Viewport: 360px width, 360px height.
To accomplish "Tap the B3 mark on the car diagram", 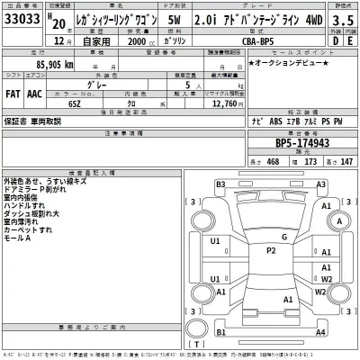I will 220,184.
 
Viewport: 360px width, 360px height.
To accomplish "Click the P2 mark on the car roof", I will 270,250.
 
